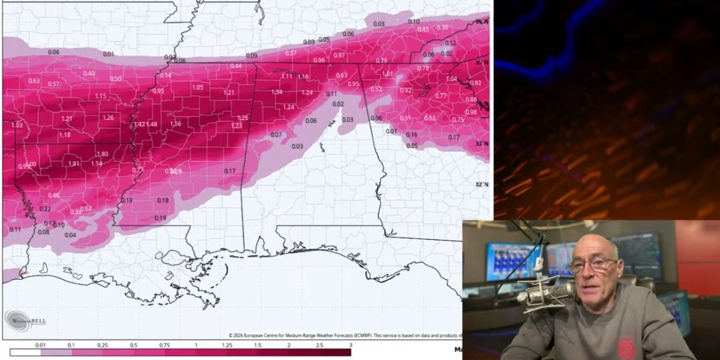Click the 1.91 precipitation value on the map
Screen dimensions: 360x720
[74, 163]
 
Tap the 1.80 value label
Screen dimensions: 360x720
[102, 154]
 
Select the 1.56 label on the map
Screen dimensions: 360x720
[176, 124]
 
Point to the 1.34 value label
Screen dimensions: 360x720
[277, 92]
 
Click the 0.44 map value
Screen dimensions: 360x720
[236, 65]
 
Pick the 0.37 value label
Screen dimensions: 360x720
[291, 53]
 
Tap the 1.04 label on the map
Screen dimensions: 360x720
[452, 79]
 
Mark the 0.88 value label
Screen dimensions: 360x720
[471, 100]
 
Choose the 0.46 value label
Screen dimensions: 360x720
[53, 195]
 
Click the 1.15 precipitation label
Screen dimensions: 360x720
[101, 96]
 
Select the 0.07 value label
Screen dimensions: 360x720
[276, 134]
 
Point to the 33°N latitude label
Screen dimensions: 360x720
[482, 144]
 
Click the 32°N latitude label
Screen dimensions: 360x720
[482, 184]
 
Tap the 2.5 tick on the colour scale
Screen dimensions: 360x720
[319, 345]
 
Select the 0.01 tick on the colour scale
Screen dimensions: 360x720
[40, 345]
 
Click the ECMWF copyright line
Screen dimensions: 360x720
[345, 335]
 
